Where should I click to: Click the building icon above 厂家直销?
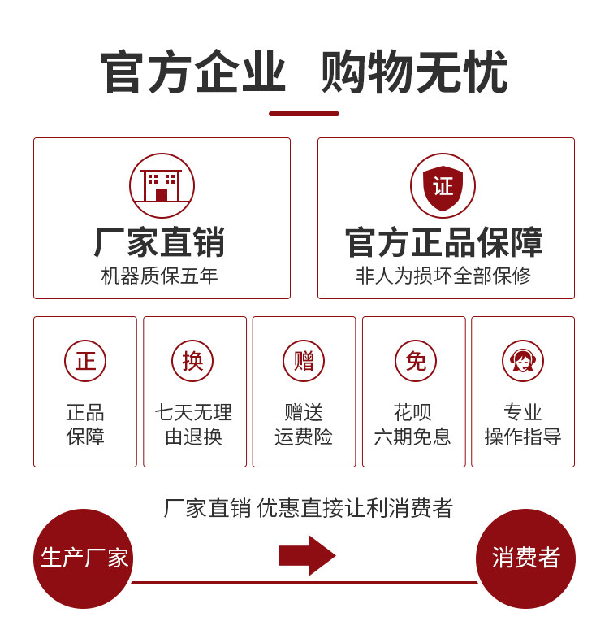[162, 185]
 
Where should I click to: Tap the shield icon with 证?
[443, 186]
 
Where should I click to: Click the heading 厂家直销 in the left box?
[159, 242]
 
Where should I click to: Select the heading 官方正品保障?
[444, 242]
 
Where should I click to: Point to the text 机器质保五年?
[159, 276]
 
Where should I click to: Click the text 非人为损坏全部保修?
[443, 276]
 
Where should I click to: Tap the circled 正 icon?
[85, 361]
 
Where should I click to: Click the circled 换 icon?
[192, 361]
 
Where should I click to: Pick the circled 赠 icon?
[304, 361]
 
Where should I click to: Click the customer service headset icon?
[523, 361]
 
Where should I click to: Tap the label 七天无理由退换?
[193, 424]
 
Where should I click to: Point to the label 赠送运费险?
[304, 424]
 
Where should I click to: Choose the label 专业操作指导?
[523, 424]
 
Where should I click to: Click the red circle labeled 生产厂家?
[83, 558]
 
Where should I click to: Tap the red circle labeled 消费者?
[525, 558]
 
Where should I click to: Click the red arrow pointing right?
[307, 555]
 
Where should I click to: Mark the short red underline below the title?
[304, 114]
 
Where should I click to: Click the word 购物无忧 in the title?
[414, 73]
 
